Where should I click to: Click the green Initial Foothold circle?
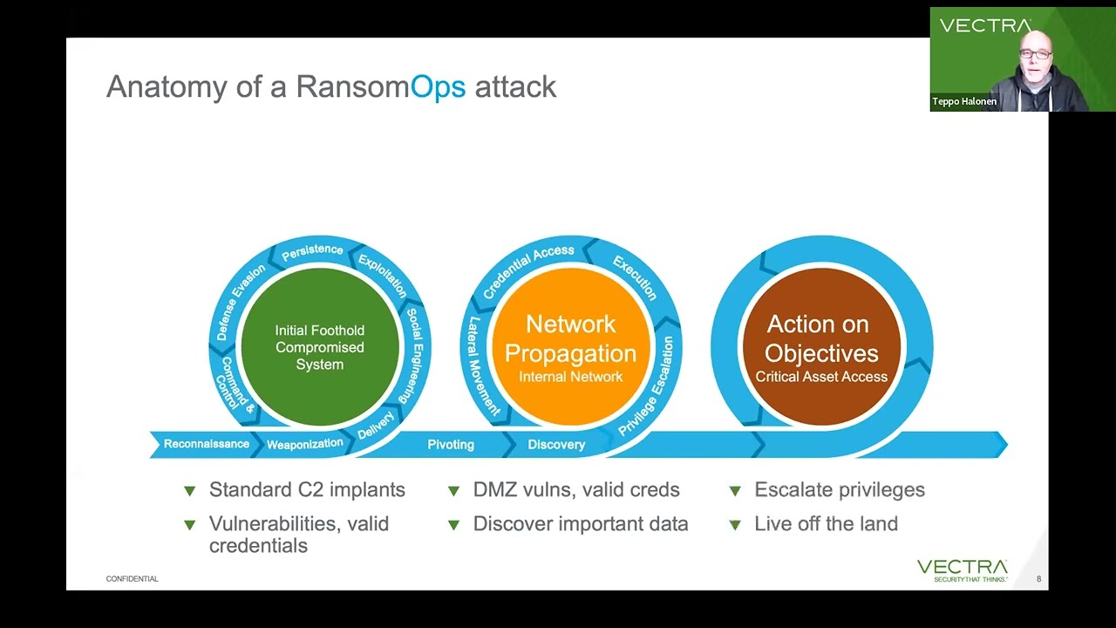click(319, 347)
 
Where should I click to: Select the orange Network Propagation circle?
click(570, 347)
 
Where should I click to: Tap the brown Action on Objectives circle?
click(821, 347)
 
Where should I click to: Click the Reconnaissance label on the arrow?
click(207, 444)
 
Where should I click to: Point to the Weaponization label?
click(305, 444)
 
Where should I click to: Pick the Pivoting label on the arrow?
click(451, 445)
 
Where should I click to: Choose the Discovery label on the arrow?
click(556, 445)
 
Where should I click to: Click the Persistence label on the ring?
click(312, 251)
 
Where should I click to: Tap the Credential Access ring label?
click(529, 260)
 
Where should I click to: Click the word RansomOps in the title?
click(381, 86)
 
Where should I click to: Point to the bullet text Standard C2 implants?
click(307, 490)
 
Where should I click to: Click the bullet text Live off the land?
click(826, 524)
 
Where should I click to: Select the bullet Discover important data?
click(581, 524)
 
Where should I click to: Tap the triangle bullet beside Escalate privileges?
click(735, 491)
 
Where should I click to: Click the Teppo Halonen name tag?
click(964, 102)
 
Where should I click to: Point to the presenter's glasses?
click(1034, 54)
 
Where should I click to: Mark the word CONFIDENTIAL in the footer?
click(132, 579)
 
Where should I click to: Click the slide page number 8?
click(1038, 579)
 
